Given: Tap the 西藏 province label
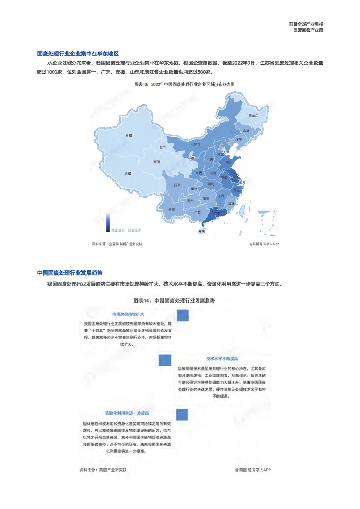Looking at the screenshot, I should pos(128,173).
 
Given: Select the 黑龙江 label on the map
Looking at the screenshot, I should pos(253,116).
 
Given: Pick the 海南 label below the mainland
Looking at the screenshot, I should pos(202,231).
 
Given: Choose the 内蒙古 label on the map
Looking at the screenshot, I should pos(195,143).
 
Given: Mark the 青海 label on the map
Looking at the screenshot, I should pos(157,162).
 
